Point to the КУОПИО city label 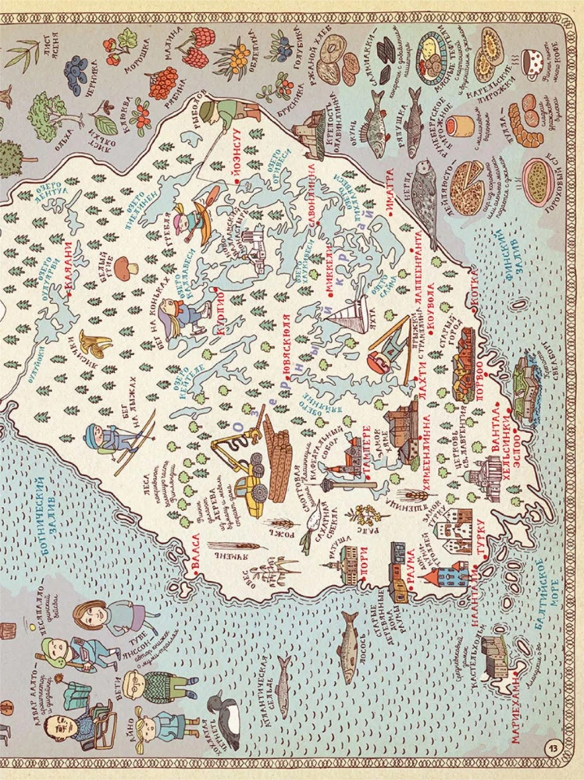(x=219, y=313)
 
